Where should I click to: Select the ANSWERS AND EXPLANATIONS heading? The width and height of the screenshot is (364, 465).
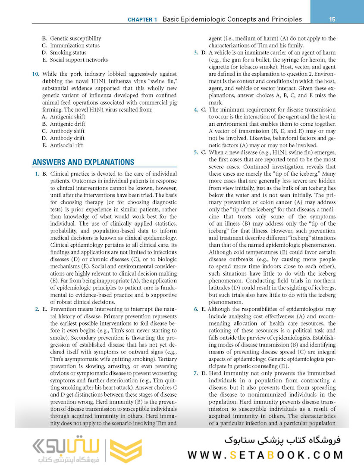[83, 162]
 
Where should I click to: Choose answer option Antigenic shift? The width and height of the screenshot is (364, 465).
[67, 117]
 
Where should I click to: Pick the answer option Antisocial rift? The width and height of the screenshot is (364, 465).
[66, 146]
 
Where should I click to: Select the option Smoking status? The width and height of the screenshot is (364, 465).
[68, 53]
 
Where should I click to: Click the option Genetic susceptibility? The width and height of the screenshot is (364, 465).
[75, 38]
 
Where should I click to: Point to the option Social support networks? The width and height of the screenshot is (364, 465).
[78, 60]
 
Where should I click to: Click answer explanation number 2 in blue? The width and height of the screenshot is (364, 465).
[37, 309]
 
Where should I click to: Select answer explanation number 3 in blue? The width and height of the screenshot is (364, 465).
[196, 53]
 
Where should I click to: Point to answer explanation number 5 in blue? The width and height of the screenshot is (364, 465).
[196, 152]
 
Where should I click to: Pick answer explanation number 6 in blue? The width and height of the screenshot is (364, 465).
[196, 309]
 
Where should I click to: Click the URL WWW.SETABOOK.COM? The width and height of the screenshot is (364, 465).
[265, 455]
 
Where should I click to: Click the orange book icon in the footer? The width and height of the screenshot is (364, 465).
[125, 450]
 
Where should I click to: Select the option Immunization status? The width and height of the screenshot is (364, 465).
[75, 46]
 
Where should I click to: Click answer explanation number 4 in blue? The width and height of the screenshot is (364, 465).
[196, 110]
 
